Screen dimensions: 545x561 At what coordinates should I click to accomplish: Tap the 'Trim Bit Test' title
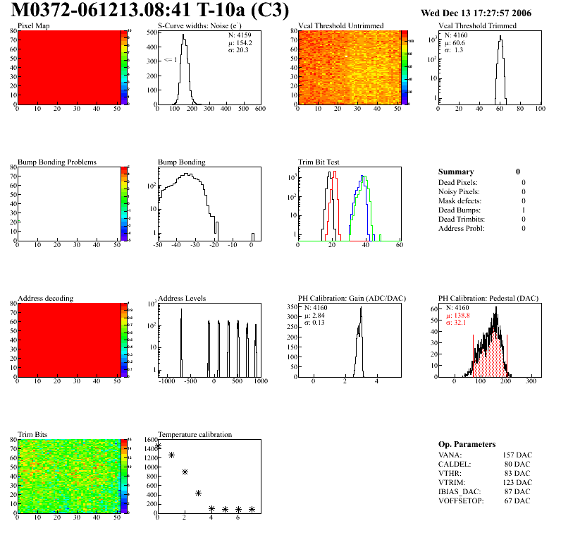pyautogui.click(x=319, y=162)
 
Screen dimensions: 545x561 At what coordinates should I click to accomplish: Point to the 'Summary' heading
pyautogui.click(x=456, y=172)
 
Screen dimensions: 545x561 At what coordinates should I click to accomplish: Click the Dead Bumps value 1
pyautogui.click(x=524, y=210)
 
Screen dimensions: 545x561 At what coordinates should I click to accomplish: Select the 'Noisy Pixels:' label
pyautogui.click(x=460, y=191)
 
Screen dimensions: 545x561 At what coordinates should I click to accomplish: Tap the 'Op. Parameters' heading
pyautogui.click(x=467, y=444)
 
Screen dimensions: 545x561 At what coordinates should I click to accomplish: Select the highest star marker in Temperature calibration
pyautogui.click(x=158, y=445)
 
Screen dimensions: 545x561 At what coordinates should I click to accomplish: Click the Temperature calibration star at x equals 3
pyautogui.click(x=198, y=493)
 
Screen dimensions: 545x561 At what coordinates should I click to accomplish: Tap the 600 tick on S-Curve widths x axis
pyautogui.click(x=259, y=109)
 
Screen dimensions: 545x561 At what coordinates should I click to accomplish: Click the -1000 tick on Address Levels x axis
pyautogui.click(x=168, y=381)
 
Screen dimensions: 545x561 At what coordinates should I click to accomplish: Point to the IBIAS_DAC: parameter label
pyautogui.click(x=459, y=491)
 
